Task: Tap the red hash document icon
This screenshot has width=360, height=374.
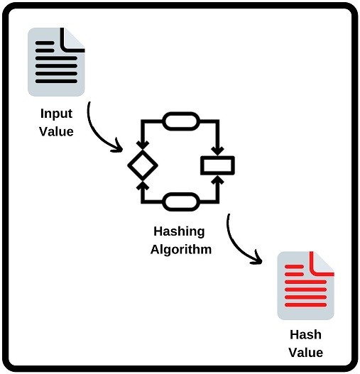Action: (x=305, y=286)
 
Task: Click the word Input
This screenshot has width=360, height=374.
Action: (x=56, y=114)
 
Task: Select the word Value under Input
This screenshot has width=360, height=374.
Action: (x=56, y=131)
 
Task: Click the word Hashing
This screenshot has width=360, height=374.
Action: (x=179, y=232)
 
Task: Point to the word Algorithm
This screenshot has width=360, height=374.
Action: (x=181, y=250)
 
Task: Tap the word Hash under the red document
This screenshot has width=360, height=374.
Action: (x=306, y=335)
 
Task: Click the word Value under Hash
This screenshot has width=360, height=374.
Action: (x=306, y=352)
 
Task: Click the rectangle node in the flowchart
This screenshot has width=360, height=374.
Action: (x=217, y=165)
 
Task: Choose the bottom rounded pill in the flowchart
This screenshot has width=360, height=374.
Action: (x=180, y=203)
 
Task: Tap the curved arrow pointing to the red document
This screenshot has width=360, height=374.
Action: (x=240, y=245)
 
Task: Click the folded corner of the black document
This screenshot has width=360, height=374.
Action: (x=73, y=39)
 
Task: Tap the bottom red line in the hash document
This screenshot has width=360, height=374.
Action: (x=305, y=305)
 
